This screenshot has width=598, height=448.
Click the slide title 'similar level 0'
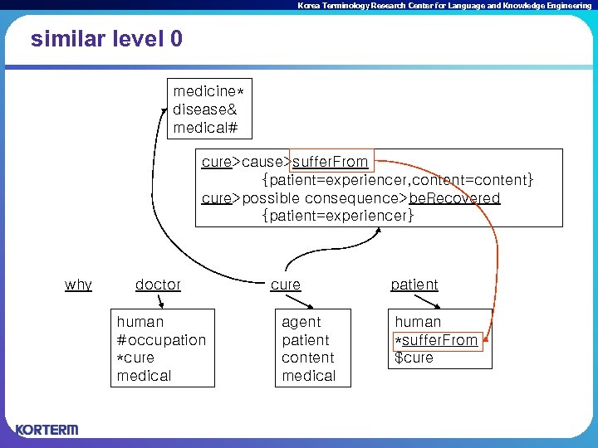tap(106, 39)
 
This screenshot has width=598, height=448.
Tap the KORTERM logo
tap(47, 430)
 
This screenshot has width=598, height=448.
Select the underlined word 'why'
tap(78, 285)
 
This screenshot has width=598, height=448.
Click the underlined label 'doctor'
tap(158, 285)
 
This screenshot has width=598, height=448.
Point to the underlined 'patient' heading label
tap(414, 285)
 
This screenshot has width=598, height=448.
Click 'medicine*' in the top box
tap(213, 90)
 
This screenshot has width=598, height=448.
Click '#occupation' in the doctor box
tap(161, 340)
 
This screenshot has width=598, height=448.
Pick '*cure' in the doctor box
tap(135, 358)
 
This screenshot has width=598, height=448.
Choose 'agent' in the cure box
tap(301, 322)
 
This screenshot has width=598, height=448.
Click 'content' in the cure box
tap(307, 358)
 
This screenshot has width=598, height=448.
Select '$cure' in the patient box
tap(414, 358)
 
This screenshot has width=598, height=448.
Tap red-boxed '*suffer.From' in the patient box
tap(437, 340)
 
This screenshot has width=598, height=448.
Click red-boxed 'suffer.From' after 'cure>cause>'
tap(330, 162)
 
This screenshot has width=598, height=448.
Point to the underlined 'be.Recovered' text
tap(455, 198)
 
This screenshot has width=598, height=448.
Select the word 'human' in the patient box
tap(418, 322)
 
